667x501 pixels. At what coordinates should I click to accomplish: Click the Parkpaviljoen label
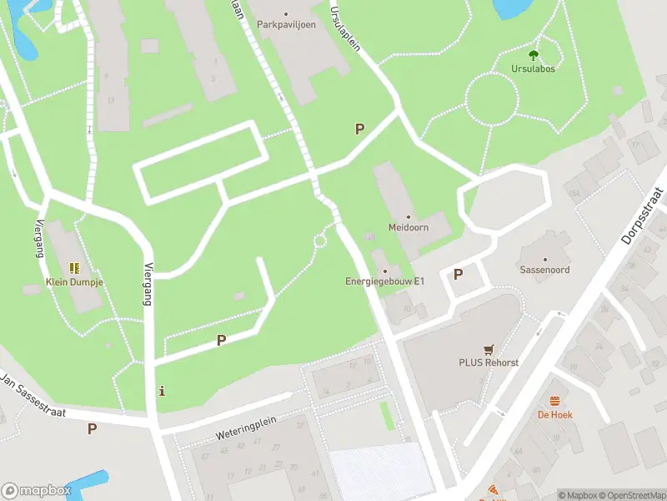(x=285, y=24)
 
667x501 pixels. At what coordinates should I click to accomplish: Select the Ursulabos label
(x=534, y=68)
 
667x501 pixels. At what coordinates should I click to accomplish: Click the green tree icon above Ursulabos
(x=534, y=55)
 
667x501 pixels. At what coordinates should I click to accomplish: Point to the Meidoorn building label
(x=408, y=227)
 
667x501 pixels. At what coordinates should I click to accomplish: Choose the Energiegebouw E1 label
(x=384, y=281)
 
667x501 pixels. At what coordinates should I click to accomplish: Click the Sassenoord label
(x=545, y=271)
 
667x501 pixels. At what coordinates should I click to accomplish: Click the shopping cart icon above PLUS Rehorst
(x=488, y=350)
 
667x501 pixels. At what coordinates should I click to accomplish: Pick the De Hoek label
(x=554, y=414)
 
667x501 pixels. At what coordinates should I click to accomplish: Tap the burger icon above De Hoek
(x=554, y=401)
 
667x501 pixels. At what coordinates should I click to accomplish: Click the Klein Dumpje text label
(x=73, y=281)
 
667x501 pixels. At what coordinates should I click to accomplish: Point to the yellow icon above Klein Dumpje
(x=73, y=268)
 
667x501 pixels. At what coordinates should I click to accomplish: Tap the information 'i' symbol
(x=162, y=391)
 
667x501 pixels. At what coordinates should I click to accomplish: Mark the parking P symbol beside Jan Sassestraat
(x=92, y=428)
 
